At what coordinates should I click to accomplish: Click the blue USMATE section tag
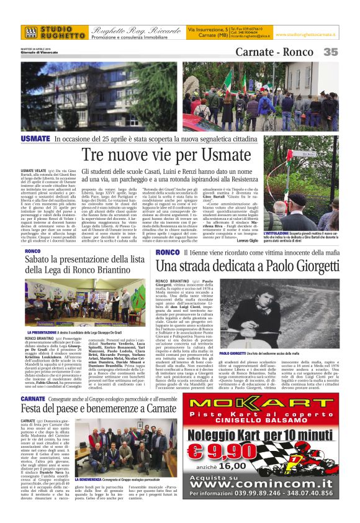(x=36, y=139)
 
